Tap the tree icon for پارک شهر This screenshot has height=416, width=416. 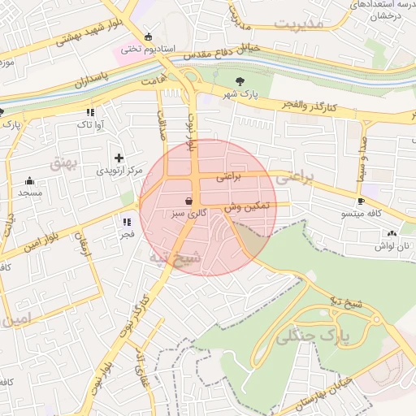pos(240,81)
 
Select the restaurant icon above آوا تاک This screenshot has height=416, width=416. pos(89,111)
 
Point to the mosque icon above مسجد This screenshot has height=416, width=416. pos(30,180)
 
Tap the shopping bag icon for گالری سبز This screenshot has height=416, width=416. pos(188,200)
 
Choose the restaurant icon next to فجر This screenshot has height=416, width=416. pos(126,221)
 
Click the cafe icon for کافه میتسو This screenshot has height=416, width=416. pos(361,201)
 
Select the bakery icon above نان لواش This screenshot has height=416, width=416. pos(392,232)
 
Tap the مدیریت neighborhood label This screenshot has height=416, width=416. pos(298,24)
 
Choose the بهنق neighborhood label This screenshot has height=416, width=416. pos(63,162)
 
